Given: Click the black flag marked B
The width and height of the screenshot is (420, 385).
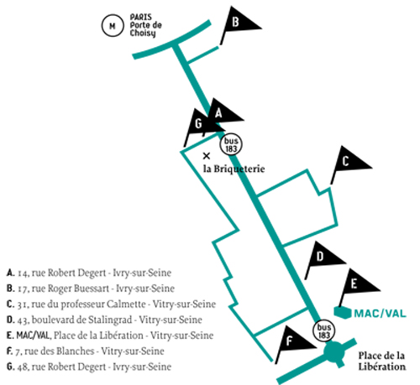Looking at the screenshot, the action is click(237, 23).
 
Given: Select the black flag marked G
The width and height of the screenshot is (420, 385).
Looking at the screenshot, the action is click(200, 124).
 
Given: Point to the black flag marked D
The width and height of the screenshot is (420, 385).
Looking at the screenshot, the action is click(321, 258).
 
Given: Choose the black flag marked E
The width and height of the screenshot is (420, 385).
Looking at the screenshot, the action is click(355, 284).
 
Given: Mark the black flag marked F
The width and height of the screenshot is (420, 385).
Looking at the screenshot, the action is click(291, 341).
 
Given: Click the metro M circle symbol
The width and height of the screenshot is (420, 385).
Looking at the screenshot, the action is click(113, 26).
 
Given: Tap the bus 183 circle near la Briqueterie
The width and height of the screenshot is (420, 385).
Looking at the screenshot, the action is click(231, 144).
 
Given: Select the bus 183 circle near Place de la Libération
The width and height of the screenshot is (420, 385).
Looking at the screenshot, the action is click(324, 331).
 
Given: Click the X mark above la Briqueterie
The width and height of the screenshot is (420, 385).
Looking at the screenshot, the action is click(207, 156).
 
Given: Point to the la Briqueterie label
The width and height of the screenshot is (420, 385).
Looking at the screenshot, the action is click(234, 169).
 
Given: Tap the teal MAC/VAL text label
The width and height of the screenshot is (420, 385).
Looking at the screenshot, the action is click(380, 314).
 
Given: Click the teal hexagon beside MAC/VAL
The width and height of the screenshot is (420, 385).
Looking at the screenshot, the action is click(343, 313).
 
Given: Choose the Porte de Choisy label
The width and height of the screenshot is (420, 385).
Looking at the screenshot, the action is click(145, 29).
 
